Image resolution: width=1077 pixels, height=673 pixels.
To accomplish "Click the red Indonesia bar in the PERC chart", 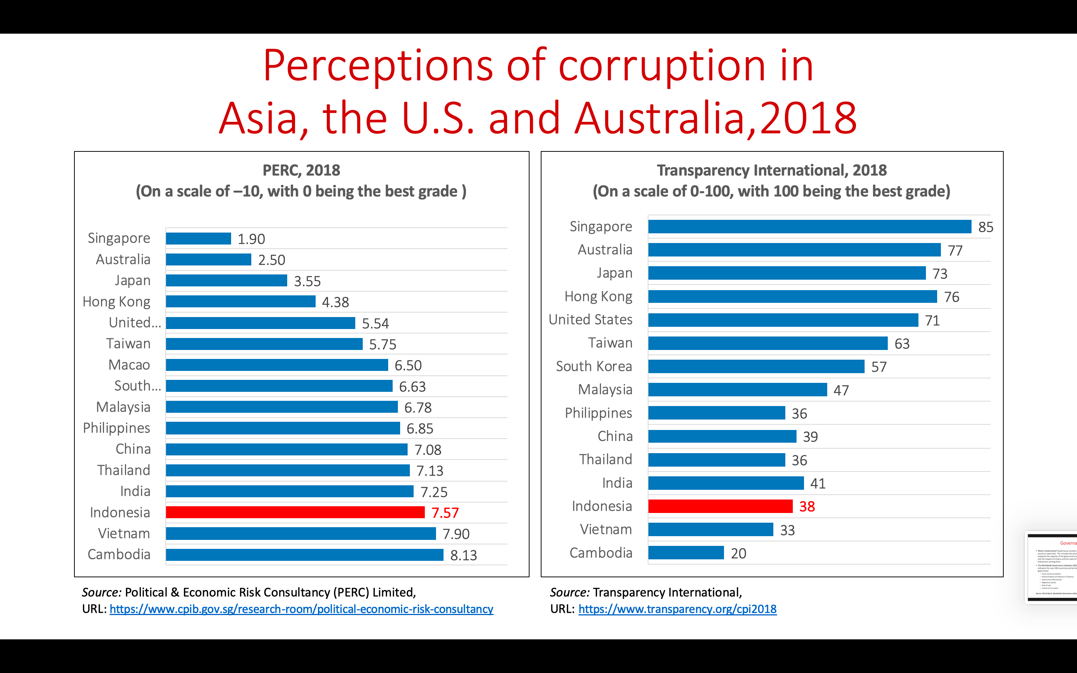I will pyautogui.click(x=295, y=512).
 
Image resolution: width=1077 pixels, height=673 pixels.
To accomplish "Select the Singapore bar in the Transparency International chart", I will pyautogui.click(x=809, y=227).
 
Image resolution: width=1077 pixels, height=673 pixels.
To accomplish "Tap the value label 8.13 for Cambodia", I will pyautogui.click(x=463, y=555).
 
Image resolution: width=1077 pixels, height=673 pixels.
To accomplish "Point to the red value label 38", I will pyautogui.click(x=807, y=507).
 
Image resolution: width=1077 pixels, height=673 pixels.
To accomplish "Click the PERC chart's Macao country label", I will pyautogui.click(x=129, y=365).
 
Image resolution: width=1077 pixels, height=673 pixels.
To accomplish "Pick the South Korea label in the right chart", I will pyautogui.click(x=594, y=366).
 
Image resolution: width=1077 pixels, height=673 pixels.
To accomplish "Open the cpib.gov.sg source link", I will pyautogui.click(x=301, y=609).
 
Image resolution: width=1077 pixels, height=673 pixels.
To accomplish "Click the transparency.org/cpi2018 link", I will pyautogui.click(x=677, y=609).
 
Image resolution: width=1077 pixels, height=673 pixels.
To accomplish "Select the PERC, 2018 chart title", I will pyautogui.click(x=301, y=170).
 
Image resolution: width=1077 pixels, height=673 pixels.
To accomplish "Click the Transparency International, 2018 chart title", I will pyautogui.click(x=772, y=170).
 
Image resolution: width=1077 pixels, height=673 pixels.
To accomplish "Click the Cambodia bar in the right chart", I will pyautogui.click(x=686, y=553).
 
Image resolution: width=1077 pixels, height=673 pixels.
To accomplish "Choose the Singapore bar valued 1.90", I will pyautogui.click(x=199, y=239).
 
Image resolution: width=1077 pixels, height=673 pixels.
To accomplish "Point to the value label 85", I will pyautogui.click(x=985, y=227).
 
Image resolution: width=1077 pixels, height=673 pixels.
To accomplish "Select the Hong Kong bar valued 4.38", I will pyautogui.click(x=240, y=302).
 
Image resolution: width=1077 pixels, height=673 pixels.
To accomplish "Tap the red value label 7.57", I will pyautogui.click(x=445, y=513).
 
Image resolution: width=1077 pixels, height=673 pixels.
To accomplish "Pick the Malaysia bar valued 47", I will pyautogui.click(x=737, y=390).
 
